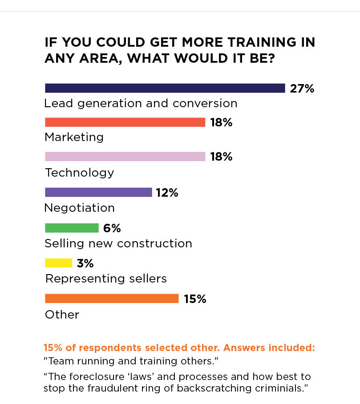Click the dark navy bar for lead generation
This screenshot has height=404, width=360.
coord(165,88)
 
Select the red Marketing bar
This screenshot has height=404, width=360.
coord(125,122)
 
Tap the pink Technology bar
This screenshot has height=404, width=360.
coord(125,157)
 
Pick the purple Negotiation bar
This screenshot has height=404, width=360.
coord(98,192)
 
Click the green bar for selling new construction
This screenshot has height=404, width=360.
coord(72,228)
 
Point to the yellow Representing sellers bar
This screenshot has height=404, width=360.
coord(58,263)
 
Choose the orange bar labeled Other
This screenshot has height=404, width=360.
coord(112,299)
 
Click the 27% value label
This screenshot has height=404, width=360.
coord(302,89)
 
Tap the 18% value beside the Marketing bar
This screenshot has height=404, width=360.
coord(221,122)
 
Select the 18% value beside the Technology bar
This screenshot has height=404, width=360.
coord(221,157)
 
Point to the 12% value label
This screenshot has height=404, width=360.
coord(167,193)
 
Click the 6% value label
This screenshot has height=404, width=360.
coord(112,228)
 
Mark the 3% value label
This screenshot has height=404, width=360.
coord(85,263)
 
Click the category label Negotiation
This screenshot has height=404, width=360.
coord(79,208)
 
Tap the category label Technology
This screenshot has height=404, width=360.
coord(79,173)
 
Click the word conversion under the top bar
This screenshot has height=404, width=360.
coord(205,104)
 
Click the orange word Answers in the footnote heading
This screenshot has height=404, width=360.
coord(244,347)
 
